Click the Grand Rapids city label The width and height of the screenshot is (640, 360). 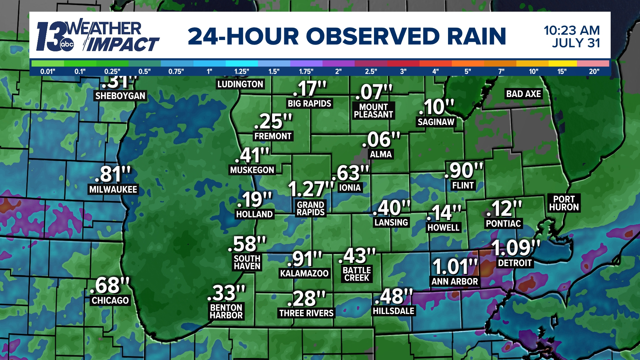pos(311,209)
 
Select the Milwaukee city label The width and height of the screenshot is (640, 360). pos(113,189)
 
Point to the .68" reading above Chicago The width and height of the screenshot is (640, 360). pos(110,285)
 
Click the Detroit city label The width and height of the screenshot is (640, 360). pos(515,263)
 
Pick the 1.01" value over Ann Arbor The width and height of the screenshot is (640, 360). pos(455,267)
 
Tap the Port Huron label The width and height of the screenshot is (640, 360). pos(564,203)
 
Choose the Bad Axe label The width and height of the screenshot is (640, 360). pos(523,94)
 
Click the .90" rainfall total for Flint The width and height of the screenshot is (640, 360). pos(464,170)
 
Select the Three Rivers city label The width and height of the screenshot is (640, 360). pos(306,313)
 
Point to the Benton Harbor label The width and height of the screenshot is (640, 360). pos(226,311)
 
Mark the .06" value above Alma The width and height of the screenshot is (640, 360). pos(381,140)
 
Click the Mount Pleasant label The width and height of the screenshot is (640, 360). pos(373,111)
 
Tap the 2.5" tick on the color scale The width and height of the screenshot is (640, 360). pos(371,71)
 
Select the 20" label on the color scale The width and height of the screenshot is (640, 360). pos(594,71)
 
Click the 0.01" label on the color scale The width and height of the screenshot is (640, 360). pos(48,71)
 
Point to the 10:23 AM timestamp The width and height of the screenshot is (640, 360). pos(572,30)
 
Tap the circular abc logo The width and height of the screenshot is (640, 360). pos(67,44)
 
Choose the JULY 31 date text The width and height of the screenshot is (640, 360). pos(576,43)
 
